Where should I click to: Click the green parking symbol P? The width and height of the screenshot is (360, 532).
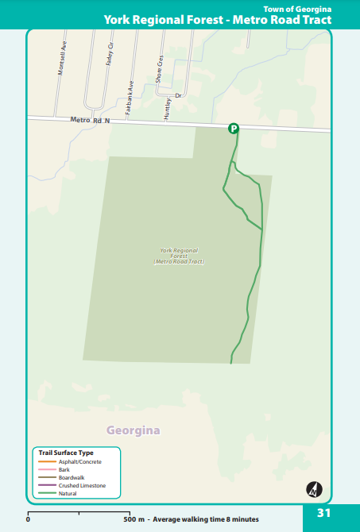234,128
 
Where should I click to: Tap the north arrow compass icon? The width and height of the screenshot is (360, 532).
314,489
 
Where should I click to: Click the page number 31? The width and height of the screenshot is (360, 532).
323,513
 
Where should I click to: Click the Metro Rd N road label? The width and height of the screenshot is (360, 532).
88,120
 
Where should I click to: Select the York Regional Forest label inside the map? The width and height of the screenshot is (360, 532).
179,255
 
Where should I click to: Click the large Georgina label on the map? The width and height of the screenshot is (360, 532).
133,430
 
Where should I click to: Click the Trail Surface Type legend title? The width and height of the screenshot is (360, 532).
66,453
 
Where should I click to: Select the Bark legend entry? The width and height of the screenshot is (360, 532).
64,469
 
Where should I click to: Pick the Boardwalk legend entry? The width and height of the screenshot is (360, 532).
71,477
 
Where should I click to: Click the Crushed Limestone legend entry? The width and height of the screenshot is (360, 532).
82,485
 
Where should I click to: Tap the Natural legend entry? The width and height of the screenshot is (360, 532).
68,493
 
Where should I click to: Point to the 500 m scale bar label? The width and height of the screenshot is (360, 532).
134,519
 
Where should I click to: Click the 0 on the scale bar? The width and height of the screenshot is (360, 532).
29,519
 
